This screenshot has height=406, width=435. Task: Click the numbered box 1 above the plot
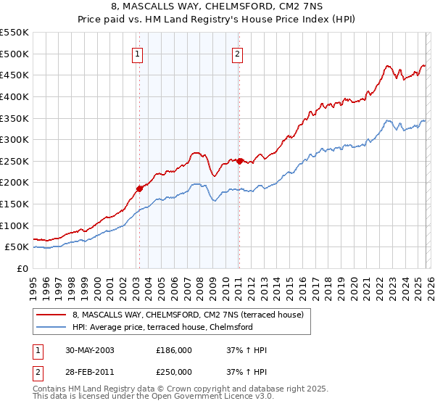click(x=138, y=53)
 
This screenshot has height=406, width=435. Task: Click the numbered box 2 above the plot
click(x=237, y=53)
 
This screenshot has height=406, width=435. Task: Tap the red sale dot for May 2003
click(x=140, y=188)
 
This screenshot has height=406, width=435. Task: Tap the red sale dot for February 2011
click(x=239, y=160)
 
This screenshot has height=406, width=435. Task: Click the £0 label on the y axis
click(x=23, y=268)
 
